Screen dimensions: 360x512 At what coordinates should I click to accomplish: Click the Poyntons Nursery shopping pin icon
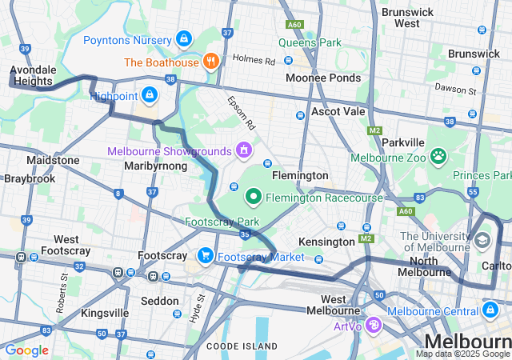point(185,38)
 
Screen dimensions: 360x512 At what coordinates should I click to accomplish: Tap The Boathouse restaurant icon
point(211,62)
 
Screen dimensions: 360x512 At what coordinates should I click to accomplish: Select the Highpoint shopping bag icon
point(149,96)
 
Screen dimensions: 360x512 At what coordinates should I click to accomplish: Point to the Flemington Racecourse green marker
point(254,195)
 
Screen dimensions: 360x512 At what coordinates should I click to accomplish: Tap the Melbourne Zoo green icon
point(438,156)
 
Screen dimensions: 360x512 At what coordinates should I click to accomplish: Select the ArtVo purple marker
point(373,325)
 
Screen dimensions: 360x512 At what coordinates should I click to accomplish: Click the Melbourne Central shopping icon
point(489,310)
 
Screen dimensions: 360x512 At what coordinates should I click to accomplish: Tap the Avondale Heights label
point(32,75)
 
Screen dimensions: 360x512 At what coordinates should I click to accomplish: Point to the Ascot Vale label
point(338,111)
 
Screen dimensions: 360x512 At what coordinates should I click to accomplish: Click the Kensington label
point(326,242)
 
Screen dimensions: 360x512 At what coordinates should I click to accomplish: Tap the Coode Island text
point(242,346)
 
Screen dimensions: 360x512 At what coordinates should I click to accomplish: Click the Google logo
point(26,350)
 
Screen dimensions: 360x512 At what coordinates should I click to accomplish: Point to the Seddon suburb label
point(160,301)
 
